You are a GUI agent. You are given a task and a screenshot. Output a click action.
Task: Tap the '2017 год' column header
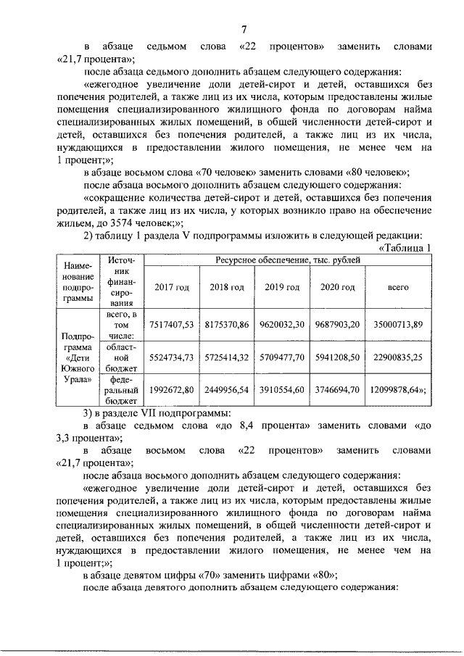pyautogui.click(x=172, y=288)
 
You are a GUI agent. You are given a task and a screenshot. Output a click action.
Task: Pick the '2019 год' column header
pyautogui.click(x=282, y=288)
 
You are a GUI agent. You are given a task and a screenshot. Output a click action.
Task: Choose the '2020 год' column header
pyautogui.click(x=337, y=288)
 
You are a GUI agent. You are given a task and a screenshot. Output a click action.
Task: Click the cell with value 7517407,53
pyautogui.click(x=172, y=325)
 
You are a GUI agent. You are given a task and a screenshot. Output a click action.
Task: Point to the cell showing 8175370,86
pyautogui.click(x=227, y=325)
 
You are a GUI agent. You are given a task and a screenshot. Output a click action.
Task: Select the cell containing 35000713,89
pyautogui.click(x=397, y=325)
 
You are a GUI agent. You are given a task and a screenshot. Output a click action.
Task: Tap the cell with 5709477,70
pyautogui.click(x=282, y=357)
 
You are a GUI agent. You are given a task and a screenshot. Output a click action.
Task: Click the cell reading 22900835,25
pyautogui.click(x=397, y=357)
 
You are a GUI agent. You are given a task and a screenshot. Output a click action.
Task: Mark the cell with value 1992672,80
pyautogui.click(x=172, y=389)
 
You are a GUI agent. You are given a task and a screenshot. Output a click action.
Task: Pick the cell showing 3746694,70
pyautogui.click(x=337, y=389)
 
